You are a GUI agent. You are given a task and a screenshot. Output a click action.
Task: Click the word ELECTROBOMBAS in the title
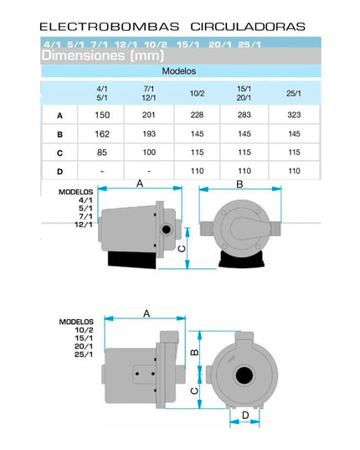click(109, 27)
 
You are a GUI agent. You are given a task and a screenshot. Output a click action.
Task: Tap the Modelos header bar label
click(179, 71)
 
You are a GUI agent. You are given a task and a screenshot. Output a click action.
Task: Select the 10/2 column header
click(198, 93)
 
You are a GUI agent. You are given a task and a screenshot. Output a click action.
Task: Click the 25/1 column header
click(294, 93)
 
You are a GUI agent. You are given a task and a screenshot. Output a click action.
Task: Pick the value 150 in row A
click(102, 115)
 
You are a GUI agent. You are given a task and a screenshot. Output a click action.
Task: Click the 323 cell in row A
click(294, 115)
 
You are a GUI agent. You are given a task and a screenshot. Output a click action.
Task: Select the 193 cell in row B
click(149, 134)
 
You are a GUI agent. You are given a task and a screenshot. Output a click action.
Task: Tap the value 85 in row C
click(102, 153)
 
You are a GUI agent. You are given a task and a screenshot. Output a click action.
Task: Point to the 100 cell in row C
click(149, 153)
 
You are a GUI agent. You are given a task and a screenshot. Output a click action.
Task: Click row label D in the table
click(59, 172)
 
